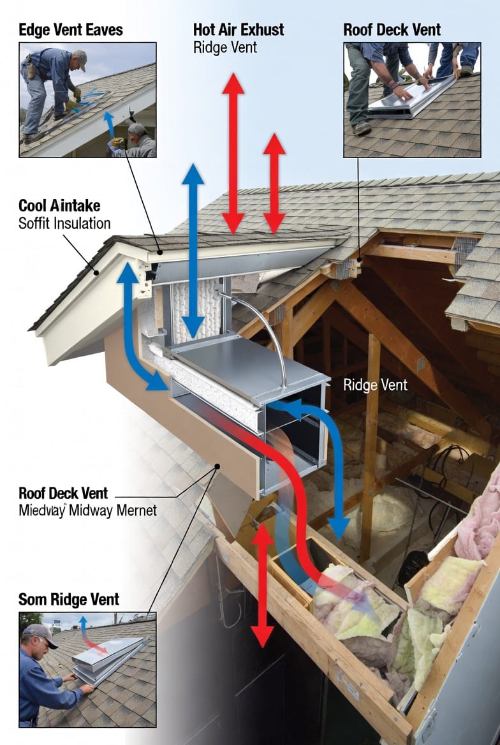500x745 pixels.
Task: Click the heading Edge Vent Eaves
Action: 71,29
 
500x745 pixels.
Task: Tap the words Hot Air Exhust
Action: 239,29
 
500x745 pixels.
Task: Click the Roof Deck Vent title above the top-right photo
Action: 392,29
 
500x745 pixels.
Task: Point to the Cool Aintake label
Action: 59,205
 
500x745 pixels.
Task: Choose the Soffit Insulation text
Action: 64,223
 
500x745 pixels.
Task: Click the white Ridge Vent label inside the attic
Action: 375,385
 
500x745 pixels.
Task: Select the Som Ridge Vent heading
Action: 69,600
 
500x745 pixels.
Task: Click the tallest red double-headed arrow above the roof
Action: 233,153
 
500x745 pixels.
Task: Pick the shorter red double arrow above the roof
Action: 274,184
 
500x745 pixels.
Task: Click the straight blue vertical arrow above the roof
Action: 193,249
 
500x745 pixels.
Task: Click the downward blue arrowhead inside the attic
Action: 339,526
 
